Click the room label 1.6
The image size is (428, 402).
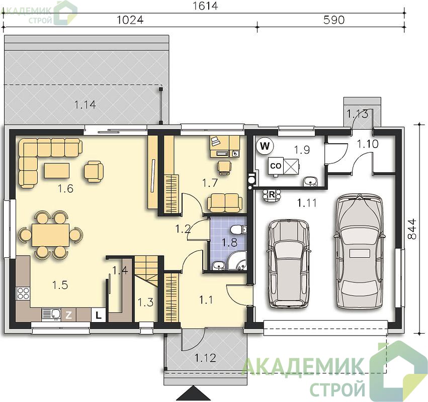click(x=65, y=188)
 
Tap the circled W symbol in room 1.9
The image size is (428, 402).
click(x=265, y=146)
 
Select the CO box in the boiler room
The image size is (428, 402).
click(x=276, y=166)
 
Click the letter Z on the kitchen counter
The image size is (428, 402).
click(x=68, y=315)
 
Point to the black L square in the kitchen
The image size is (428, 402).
click(x=98, y=315)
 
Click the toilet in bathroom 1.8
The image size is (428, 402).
click(x=238, y=230)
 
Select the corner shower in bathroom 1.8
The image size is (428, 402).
click(x=237, y=261)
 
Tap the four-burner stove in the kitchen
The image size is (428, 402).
click(x=23, y=294)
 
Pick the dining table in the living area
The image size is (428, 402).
click(x=50, y=235)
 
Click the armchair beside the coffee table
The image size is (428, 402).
click(x=94, y=171)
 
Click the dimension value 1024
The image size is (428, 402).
click(x=130, y=20)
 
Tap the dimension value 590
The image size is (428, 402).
click(x=334, y=20)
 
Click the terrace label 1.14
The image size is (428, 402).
click(x=85, y=105)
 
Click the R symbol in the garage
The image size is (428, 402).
click(x=272, y=195)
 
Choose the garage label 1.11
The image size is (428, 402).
click(x=307, y=203)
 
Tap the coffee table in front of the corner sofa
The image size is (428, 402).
click(x=57, y=170)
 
